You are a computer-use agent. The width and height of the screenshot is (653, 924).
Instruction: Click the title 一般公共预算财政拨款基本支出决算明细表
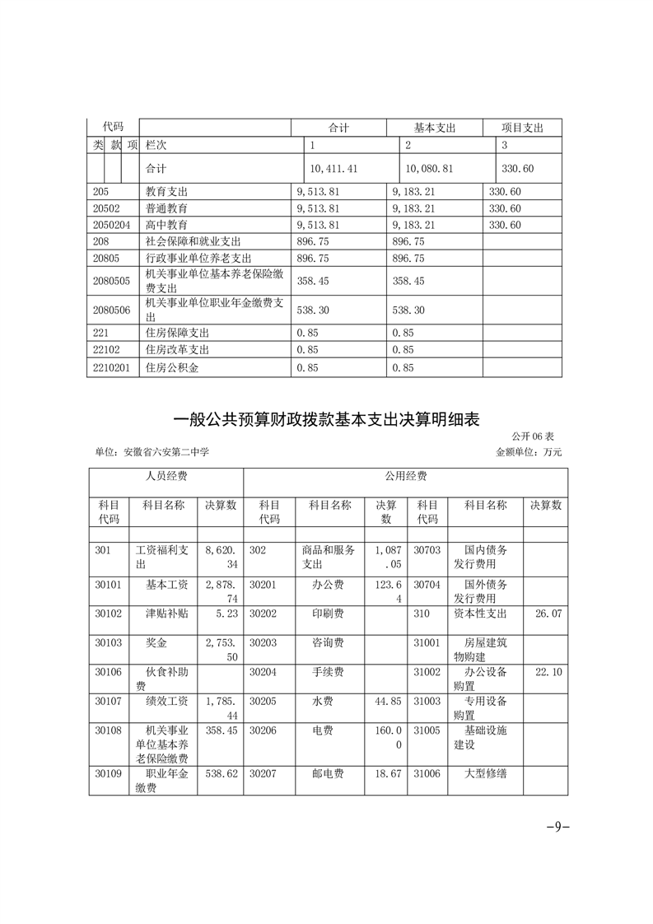click(x=326, y=419)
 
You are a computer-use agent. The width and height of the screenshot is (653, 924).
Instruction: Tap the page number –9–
click(x=558, y=827)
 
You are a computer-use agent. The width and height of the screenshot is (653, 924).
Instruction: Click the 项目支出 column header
click(x=522, y=128)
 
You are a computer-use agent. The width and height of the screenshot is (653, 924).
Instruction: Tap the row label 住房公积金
click(x=171, y=368)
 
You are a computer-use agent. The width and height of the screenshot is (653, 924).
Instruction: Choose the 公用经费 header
click(x=405, y=476)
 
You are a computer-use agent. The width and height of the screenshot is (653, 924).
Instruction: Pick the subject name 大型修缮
click(x=485, y=774)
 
